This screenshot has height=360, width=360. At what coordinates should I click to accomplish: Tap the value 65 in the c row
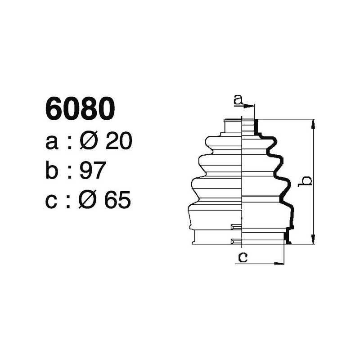pyautogui.click(x=117, y=201)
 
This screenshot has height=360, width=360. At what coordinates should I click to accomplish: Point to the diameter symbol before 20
pyautogui.click(x=88, y=142)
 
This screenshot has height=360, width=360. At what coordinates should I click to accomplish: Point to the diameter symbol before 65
pyautogui.click(x=88, y=201)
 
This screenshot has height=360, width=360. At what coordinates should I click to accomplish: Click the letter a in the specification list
pyautogui.click(x=52, y=143)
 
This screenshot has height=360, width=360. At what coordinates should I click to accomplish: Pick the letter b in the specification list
pyautogui.click(x=52, y=171)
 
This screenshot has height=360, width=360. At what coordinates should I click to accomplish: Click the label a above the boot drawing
pyautogui.click(x=238, y=100)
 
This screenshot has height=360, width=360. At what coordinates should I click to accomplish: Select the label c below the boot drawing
pyautogui.click(x=243, y=257)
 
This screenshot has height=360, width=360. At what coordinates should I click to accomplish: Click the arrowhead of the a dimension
pyautogui.click(x=251, y=106)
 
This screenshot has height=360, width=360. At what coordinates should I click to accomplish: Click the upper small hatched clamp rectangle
pyautogui.click(x=236, y=226)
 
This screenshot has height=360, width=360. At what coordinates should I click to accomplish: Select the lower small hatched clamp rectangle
pyautogui.click(x=236, y=242)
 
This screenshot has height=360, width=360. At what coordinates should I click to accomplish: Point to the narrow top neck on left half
pyautogui.click(x=233, y=126)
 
